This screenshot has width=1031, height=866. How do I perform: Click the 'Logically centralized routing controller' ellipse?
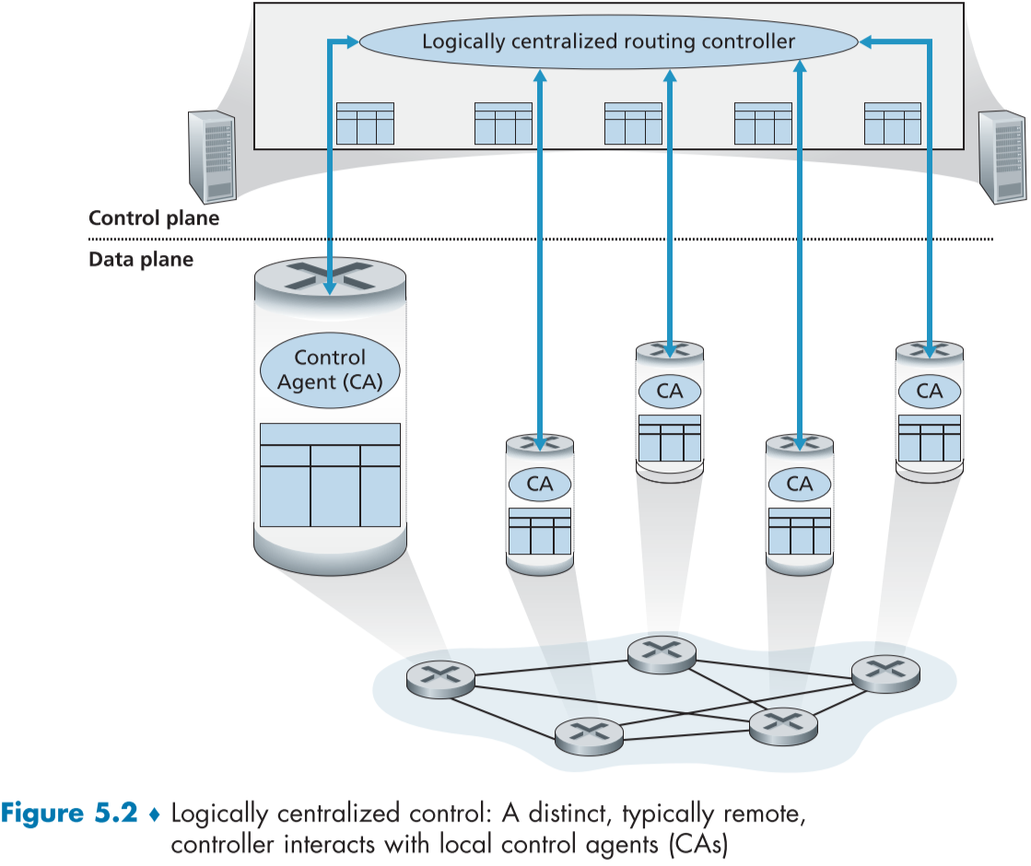[x=607, y=41]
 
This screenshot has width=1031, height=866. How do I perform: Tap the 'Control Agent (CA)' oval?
[x=330, y=369]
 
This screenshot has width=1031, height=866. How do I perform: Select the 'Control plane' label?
[x=154, y=218]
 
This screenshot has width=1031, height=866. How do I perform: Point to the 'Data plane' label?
[x=141, y=260]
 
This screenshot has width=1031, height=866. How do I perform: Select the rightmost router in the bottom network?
[x=885, y=673]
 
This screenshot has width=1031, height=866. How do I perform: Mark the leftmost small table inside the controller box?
[x=365, y=123]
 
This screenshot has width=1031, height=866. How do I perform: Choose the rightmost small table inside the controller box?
[x=893, y=123]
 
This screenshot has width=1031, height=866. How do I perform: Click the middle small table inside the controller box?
[x=633, y=123]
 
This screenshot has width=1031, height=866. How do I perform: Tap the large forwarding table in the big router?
[x=330, y=474]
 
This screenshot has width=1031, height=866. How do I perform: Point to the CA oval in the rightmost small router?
[x=930, y=391]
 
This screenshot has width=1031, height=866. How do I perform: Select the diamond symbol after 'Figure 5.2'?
[x=155, y=815]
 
